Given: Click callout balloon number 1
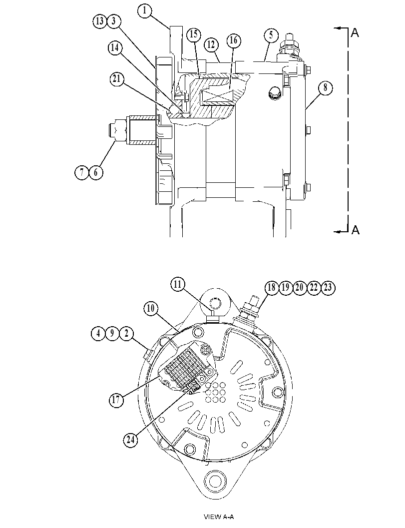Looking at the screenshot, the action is click(x=145, y=10).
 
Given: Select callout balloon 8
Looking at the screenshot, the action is click(x=325, y=88).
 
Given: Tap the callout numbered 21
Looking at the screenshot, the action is click(x=117, y=79).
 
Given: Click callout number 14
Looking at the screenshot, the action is click(x=115, y=48).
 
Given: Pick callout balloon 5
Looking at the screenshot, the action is click(x=271, y=35).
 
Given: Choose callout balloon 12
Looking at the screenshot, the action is click(x=211, y=45).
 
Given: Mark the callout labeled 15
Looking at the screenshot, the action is click(x=194, y=34).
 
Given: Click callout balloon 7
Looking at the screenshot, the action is click(x=81, y=172).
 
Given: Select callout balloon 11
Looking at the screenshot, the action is click(x=177, y=285).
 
